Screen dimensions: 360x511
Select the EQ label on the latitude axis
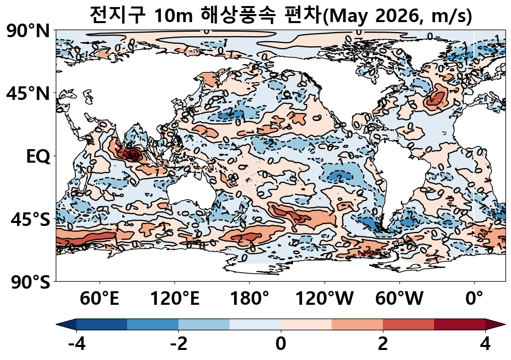pyautogui.click(x=38, y=157)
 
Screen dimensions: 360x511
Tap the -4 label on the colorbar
pyautogui.click(x=76, y=344)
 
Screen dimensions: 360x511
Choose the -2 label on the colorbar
pyautogui.click(x=178, y=344)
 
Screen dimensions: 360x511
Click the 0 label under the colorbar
pyautogui.click(x=280, y=344)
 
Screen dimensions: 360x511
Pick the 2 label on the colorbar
pyautogui.click(x=383, y=344)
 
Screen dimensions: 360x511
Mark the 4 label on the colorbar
pyautogui.click(x=485, y=344)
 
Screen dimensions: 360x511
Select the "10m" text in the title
pyautogui.click(x=173, y=16)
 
